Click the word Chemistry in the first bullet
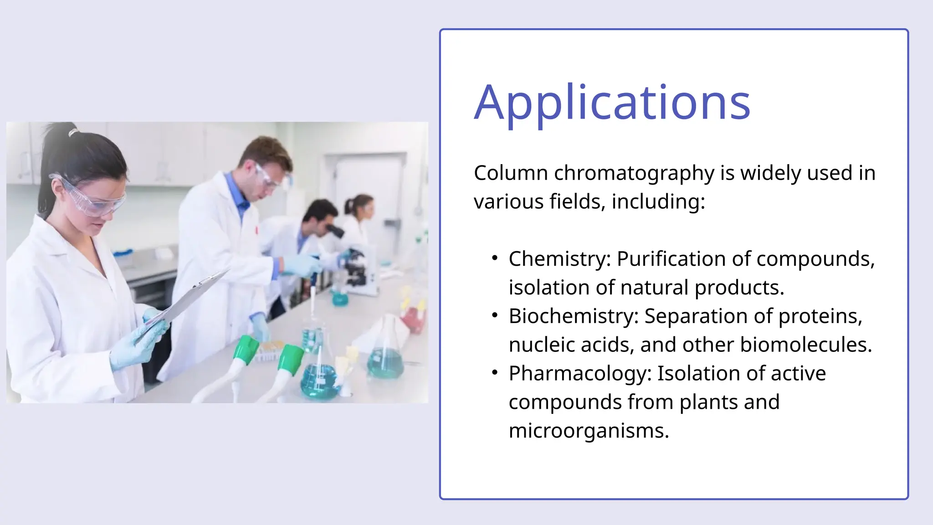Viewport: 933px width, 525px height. click(559, 259)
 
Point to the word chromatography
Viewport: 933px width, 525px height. click(634, 174)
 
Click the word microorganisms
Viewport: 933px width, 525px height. click(588, 431)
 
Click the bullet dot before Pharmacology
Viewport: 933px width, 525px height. click(495, 373)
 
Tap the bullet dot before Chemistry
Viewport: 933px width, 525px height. click(495, 258)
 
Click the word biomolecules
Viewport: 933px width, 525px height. click(805, 345)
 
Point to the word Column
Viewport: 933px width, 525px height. click(511, 174)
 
